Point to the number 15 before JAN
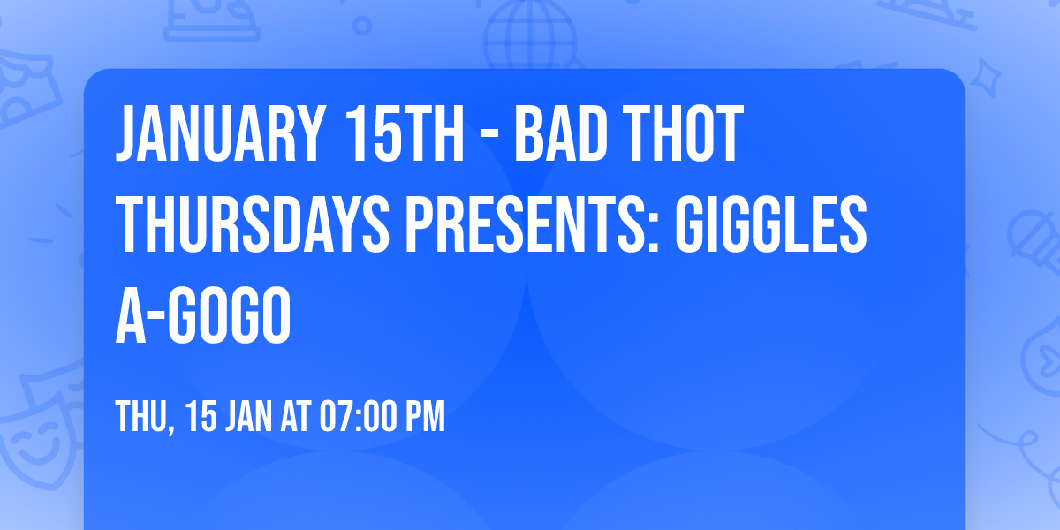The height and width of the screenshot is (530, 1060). point(202,417)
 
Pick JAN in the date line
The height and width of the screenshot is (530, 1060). point(251,417)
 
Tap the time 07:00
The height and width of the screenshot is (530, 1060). point(364,417)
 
